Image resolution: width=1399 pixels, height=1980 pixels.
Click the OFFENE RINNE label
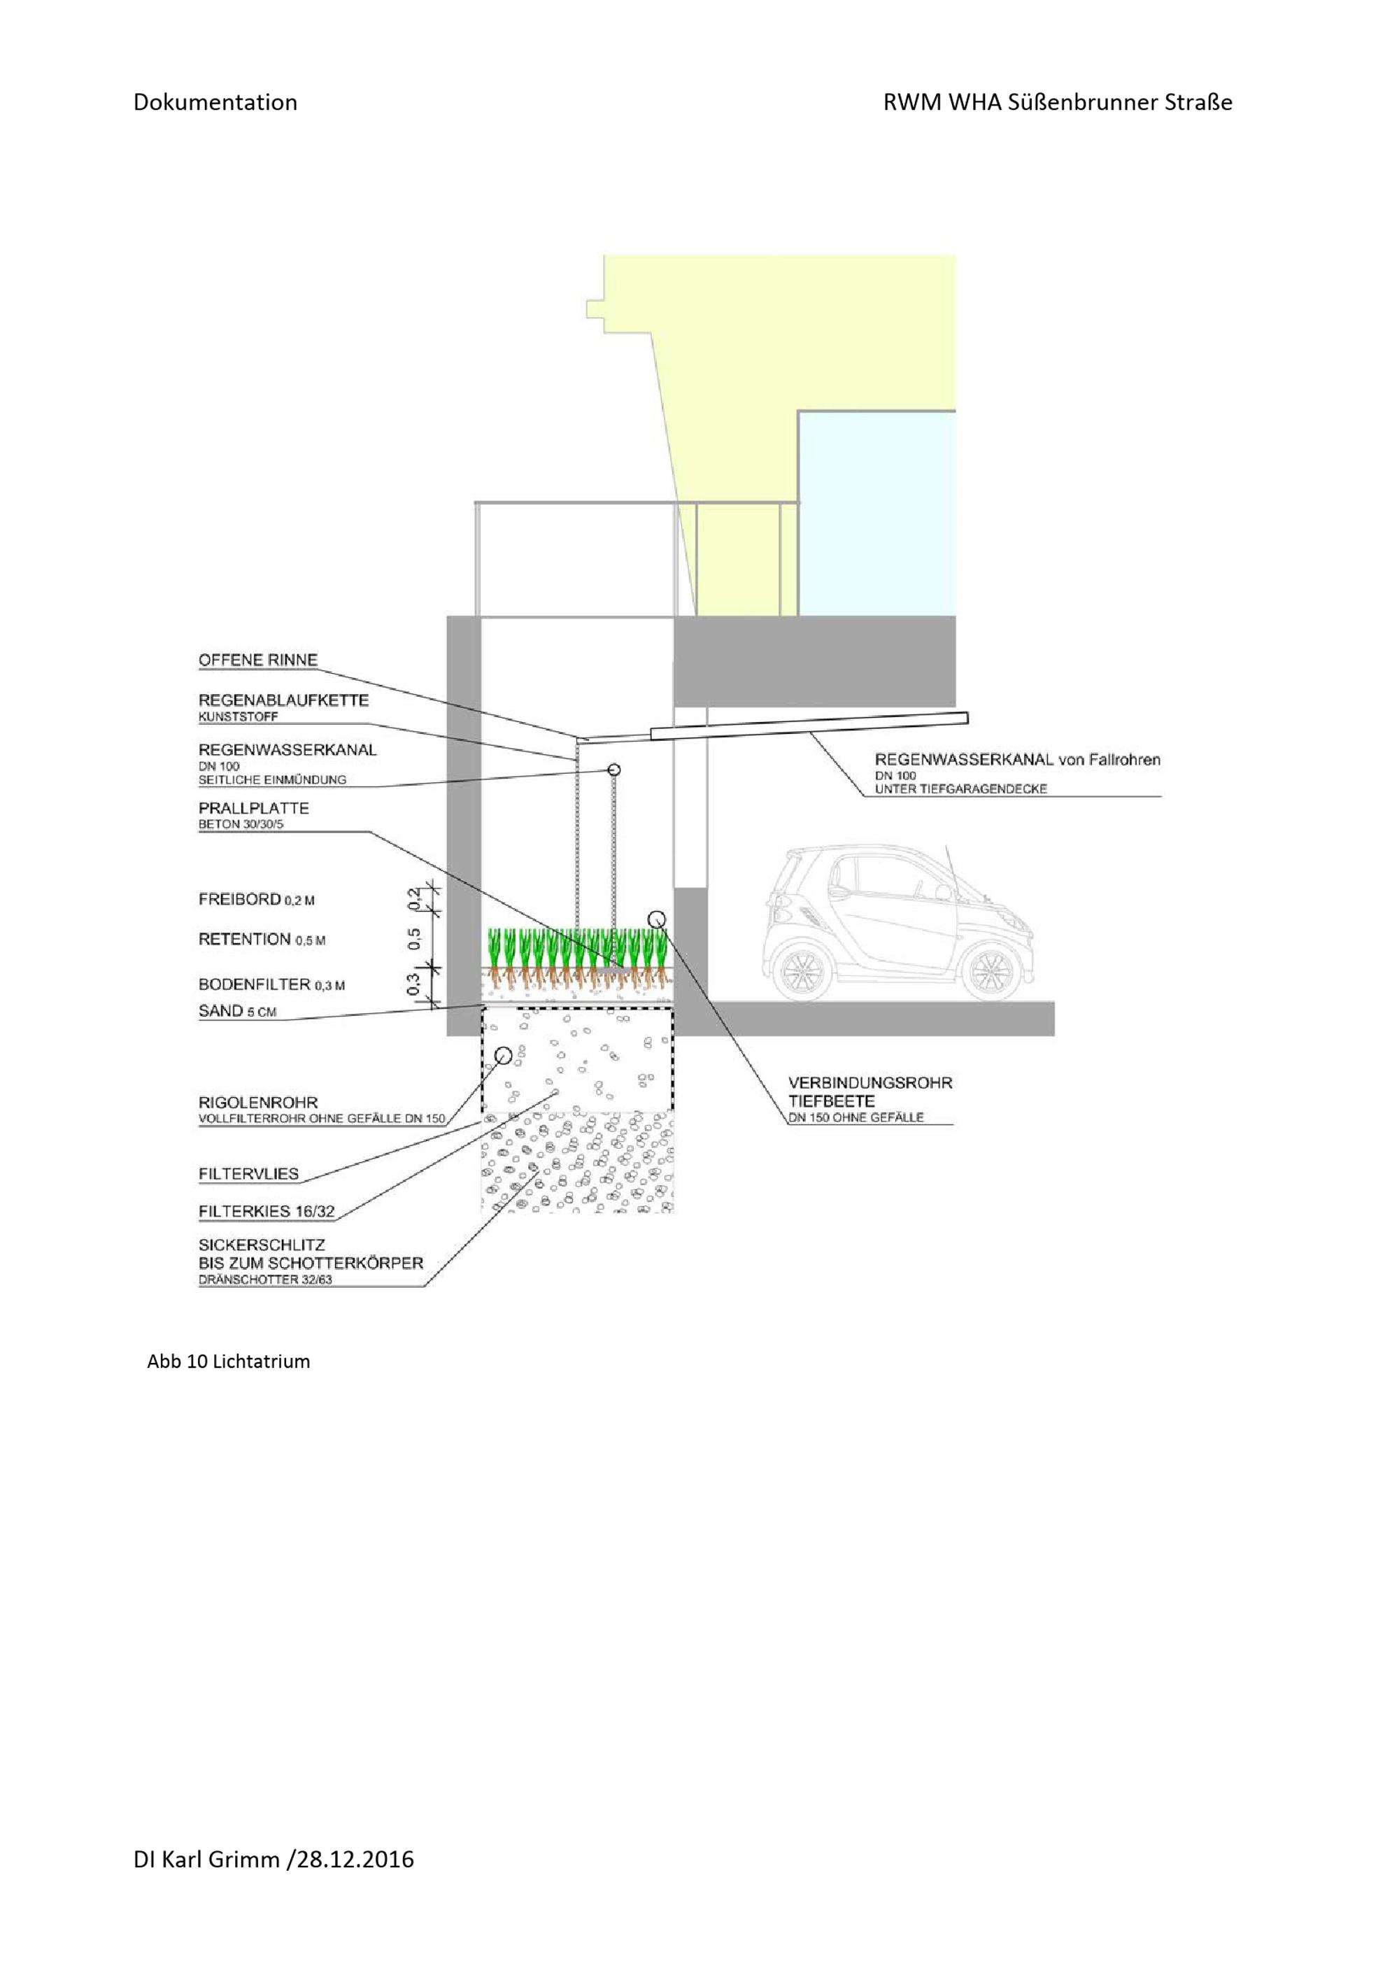click(257, 660)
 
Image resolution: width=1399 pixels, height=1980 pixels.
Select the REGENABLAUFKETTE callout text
click(283, 700)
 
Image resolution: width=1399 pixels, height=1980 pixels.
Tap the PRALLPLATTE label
click(253, 808)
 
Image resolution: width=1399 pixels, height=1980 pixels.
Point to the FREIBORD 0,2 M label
click(256, 900)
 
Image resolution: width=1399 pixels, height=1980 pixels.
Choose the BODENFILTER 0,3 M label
click(271, 984)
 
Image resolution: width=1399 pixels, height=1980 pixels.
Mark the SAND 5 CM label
click(237, 1011)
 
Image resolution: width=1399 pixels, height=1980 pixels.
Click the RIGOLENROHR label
click(257, 1102)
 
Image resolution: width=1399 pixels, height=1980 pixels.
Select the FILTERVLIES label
click(248, 1174)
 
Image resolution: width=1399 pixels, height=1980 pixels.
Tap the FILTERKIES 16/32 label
click(267, 1212)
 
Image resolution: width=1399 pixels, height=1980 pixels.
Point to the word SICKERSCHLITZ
click(261, 1245)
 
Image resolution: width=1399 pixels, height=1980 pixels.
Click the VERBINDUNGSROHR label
click(869, 1083)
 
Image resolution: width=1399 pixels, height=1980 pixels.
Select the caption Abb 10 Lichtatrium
click(229, 1362)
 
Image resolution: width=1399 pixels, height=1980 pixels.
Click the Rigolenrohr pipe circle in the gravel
click(504, 1056)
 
